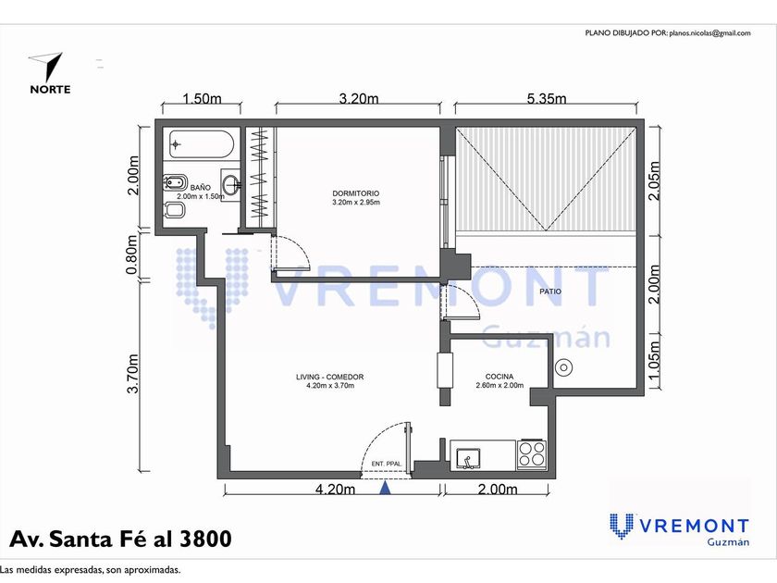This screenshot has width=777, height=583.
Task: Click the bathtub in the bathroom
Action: [x=201, y=144]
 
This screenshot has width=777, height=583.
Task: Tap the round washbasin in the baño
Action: [x=231, y=185]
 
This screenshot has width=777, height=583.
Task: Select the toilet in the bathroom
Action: [x=174, y=211]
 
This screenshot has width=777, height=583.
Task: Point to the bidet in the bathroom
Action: [x=175, y=182]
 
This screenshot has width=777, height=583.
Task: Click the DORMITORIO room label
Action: [x=356, y=193]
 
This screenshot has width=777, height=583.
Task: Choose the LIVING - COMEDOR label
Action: [x=329, y=377]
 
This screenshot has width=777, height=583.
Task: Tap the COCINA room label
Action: [x=499, y=377]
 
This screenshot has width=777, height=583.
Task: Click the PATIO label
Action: [x=550, y=291]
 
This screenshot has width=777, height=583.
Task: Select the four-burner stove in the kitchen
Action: [x=532, y=454]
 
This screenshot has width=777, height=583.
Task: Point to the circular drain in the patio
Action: [x=563, y=368]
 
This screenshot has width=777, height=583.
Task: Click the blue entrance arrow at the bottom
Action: [x=385, y=488]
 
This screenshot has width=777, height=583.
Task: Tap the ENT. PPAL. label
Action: [x=386, y=464]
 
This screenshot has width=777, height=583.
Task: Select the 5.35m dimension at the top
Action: [x=546, y=99]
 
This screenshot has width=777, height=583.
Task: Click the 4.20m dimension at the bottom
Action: [x=335, y=490]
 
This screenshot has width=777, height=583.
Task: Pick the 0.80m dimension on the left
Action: [x=131, y=254]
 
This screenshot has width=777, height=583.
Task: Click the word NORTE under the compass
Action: [x=50, y=90]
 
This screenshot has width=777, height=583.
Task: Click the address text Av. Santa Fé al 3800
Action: [x=120, y=539]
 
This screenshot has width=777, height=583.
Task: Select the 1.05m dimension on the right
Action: [x=654, y=360]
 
